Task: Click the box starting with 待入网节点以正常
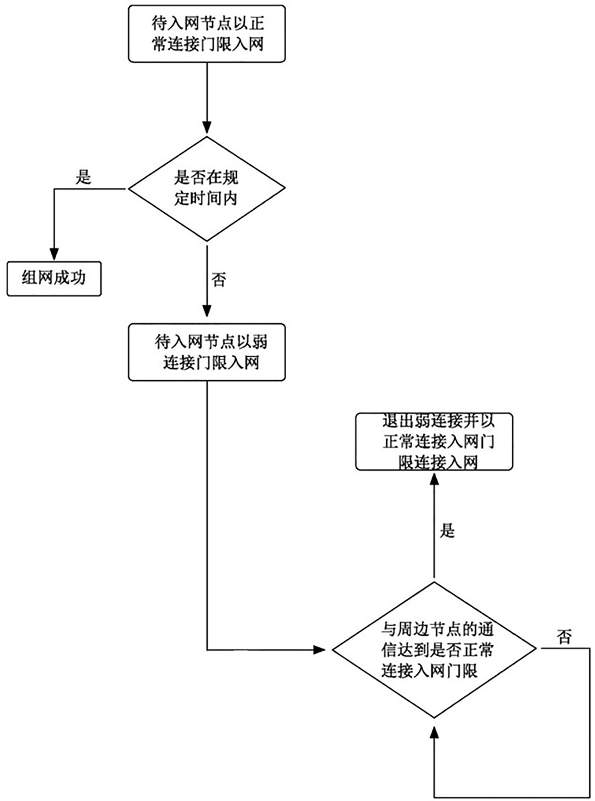(207, 33)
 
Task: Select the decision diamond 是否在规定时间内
(207, 188)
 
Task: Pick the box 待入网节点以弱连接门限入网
(207, 352)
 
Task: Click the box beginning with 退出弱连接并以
(434, 442)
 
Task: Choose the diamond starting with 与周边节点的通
(434, 650)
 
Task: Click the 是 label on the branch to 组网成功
(83, 177)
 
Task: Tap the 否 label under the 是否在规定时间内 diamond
(219, 280)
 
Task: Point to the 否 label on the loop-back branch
(564, 637)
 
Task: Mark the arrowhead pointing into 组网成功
(54, 254)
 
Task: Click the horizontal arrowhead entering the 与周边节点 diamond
(319, 650)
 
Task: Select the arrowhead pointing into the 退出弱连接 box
(434, 480)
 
